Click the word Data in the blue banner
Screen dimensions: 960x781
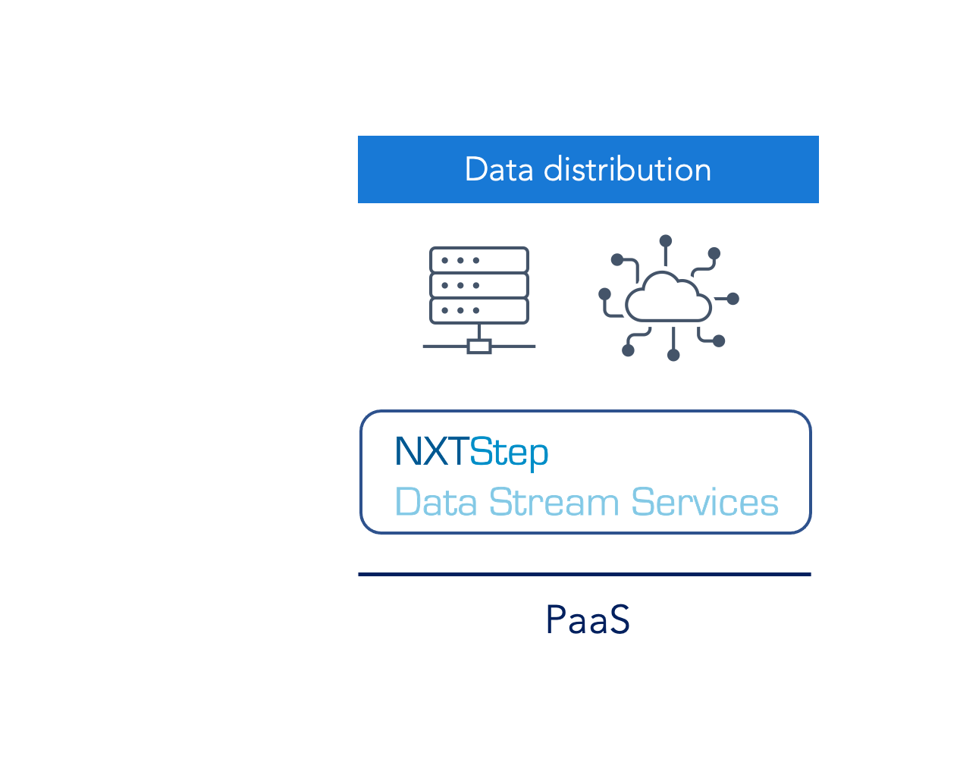pyautogui.click(x=498, y=169)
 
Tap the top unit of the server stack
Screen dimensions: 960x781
pyautogui.click(x=479, y=259)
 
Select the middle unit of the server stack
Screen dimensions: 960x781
pyautogui.click(x=479, y=285)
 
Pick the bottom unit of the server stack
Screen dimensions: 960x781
pyautogui.click(x=479, y=310)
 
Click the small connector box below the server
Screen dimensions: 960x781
pyautogui.click(x=479, y=346)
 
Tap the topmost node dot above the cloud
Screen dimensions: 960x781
pyautogui.click(x=666, y=240)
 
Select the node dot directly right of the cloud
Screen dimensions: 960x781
pyautogui.click(x=733, y=298)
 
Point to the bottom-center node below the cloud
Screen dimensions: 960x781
pyautogui.click(x=673, y=355)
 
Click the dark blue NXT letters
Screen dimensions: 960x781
pyautogui.click(x=431, y=451)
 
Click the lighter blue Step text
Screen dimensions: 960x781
pyautogui.click(x=509, y=453)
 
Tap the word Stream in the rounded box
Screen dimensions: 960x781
pyautogui.click(x=554, y=502)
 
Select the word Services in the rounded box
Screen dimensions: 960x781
pyautogui.click(x=705, y=502)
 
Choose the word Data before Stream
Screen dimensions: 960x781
pyautogui.click(x=436, y=502)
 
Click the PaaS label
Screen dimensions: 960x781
pyautogui.click(x=588, y=619)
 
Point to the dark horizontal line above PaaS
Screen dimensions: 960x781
pyautogui.click(x=585, y=574)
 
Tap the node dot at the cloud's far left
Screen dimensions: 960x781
pyautogui.click(x=604, y=294)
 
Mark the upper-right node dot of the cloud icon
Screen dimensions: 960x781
pyautogui.click(x=714, y=253)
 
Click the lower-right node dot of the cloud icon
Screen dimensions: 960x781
pyautogui.click(x=719, y=340)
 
